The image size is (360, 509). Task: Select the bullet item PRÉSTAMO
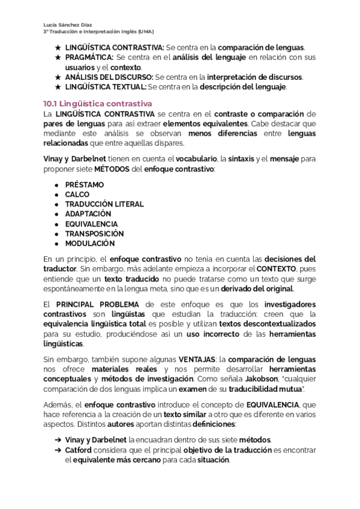coord(84,185)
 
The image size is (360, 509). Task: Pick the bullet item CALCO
coord(77,194)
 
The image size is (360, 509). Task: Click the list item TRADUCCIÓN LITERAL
coord(104,204)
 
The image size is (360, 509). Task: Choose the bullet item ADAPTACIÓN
coord(88,214)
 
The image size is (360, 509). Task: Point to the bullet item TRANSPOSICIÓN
coord(94,233)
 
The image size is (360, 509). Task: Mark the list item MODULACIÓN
coord(89,244)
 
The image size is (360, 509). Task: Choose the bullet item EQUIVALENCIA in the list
coord(91,224)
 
